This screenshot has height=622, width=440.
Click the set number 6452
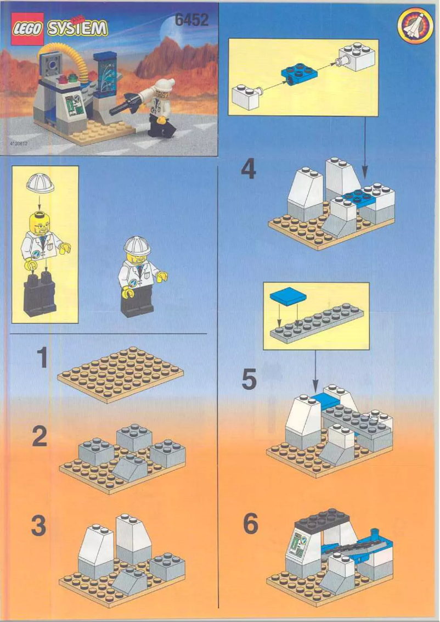(x=191, y=20)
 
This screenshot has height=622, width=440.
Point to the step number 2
(x=40, y=438)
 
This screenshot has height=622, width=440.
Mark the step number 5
(x=249, y=379)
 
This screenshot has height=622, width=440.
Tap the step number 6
(x=250, y=524)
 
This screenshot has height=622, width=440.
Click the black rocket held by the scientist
(x=123, y=104)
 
